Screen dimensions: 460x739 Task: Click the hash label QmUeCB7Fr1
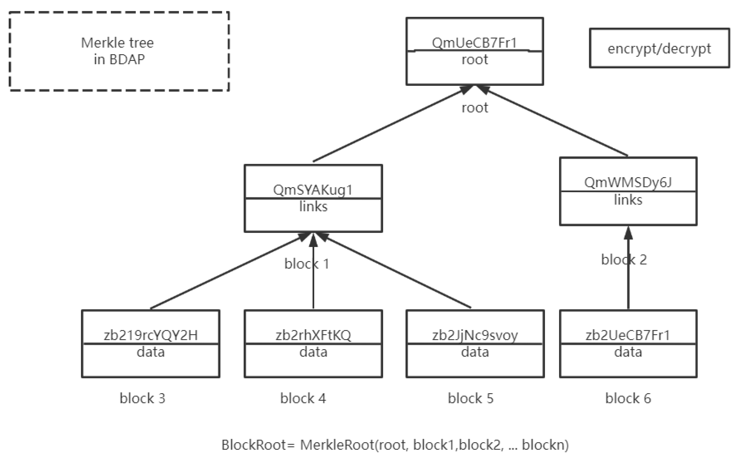coord(474,43)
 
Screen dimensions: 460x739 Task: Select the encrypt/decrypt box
coord(659,48)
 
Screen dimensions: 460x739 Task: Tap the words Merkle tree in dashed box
coord(117,43)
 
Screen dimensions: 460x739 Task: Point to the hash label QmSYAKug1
coord(313,190)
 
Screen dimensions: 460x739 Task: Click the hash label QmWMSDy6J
coord(628,182)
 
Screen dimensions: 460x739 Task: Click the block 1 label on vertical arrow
coord(306,264)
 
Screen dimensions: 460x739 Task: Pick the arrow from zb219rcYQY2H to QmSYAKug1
coord(226,272)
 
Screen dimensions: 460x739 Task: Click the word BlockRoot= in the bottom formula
coord(258,445)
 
